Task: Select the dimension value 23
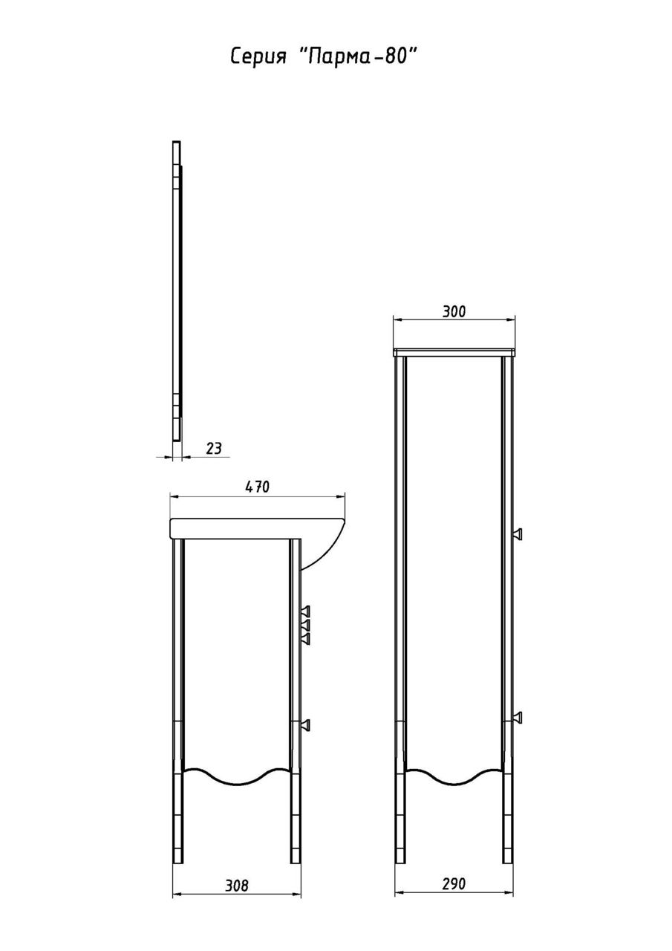(x=213, y=448)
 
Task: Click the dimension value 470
(x=257, y=487)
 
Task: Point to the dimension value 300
(x=454, y=312)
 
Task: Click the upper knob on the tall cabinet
(x=517, y=534)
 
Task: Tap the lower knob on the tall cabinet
(x=517, y=718)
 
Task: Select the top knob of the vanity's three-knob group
(x=305, y=611)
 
